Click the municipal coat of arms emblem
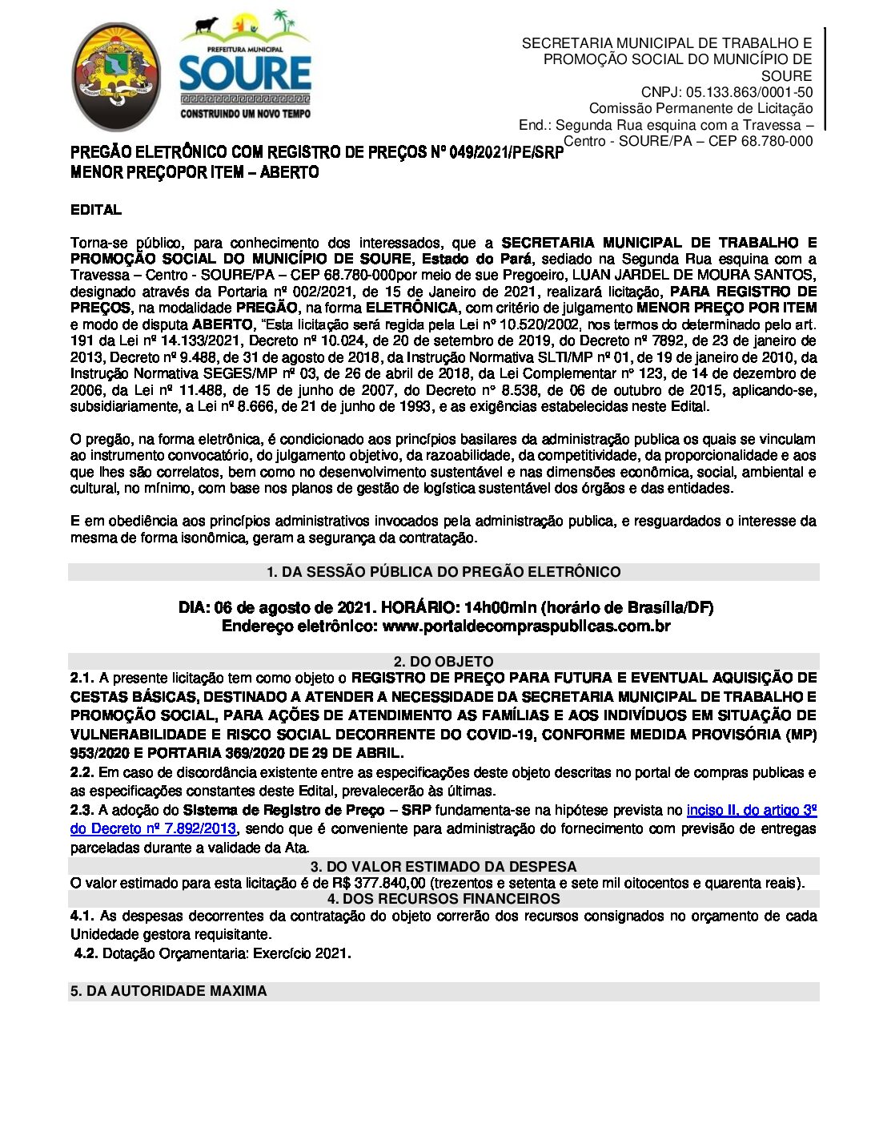point(116,78)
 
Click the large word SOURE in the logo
point(245,74)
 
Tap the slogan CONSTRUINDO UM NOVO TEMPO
point(245,114)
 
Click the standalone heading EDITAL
point(96,210)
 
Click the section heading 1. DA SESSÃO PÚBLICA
point(444,572)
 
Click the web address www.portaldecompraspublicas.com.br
point(526,626)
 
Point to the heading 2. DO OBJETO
point(444,662)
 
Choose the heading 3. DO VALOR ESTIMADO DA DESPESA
point(444,867)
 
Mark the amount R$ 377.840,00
point(379,884)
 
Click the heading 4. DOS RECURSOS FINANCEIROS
point(444,899)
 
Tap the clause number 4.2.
point(86,953)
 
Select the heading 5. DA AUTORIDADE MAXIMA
point(169,991)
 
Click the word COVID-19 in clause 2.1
point(502,735)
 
